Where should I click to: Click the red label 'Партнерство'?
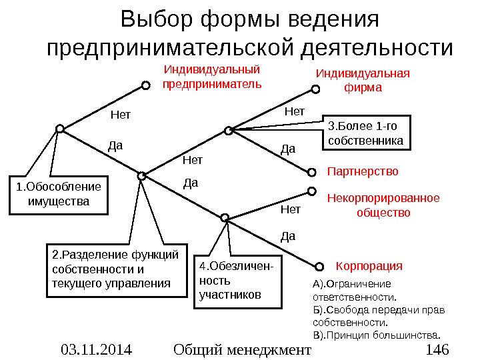(363, 172)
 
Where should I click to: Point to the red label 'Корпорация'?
(369, 266)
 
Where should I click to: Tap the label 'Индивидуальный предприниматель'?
(212, 77)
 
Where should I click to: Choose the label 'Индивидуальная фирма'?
(362, 80)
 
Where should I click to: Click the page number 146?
(436, 349)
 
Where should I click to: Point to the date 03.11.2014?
(96, 349)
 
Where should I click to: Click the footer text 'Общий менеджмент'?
(241, 349)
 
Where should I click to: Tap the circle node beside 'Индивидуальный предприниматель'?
(144, 85)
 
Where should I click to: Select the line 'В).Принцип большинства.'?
(377, 333)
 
